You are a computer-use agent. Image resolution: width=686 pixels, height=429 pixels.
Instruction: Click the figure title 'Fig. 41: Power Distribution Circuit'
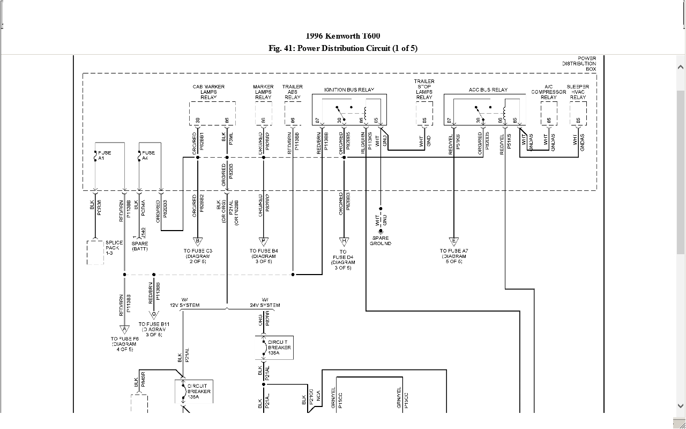click(343, 48)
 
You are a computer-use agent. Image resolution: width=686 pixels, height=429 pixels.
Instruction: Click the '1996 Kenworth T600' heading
click(343, 36)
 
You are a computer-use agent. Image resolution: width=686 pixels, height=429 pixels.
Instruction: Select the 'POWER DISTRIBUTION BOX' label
click(579, 64)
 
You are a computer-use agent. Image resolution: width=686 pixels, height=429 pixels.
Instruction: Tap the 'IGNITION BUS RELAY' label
click(349, 90)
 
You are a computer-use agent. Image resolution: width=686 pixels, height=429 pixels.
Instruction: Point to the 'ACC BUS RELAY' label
click(488, 90)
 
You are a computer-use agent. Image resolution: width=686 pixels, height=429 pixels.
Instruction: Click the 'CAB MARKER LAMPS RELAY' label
click(208, 92)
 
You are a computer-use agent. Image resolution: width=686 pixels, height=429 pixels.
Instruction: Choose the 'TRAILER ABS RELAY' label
click(293, 92)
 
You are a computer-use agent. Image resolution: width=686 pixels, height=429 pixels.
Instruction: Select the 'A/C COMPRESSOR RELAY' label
click(549, 92)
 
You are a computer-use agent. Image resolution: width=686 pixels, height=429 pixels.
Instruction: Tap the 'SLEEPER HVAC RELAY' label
click(578, 92)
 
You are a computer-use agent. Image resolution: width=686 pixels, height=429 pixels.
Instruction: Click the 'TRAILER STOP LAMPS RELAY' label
click(424, 89)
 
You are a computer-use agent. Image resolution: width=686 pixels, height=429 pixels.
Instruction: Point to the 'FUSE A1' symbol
click(95, 156)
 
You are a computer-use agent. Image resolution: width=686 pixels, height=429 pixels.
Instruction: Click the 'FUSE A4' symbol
click(139, 156)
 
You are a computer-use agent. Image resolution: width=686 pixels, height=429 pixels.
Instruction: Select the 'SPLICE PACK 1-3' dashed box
click(95, 252)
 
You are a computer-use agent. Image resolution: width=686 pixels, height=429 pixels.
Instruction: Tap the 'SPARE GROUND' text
click(381, 241)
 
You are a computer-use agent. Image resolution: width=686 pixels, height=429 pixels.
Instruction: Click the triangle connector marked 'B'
click(198, 241)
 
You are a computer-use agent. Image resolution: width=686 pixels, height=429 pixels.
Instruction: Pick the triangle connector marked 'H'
click(343, 241)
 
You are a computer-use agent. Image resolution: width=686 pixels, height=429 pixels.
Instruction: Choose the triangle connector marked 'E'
click(454, 241)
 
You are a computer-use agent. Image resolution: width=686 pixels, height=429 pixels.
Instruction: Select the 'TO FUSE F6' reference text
click(124, 342)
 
